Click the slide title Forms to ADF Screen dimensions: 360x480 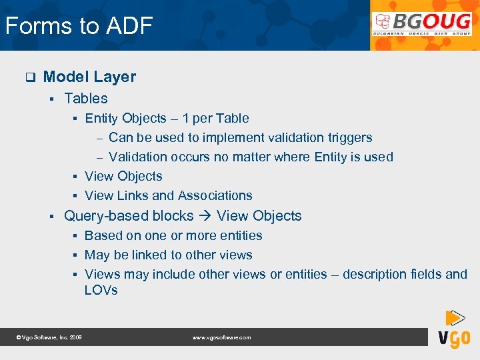[79, 26]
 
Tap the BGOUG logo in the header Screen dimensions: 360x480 [422, 25]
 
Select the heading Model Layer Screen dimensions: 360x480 [89, 77]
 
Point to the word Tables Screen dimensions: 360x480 [85, 98]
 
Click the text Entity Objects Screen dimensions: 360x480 [125, 118]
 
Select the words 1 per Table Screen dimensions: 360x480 [215, 118]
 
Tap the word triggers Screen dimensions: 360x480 [350, 137]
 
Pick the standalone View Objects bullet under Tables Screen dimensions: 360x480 [123, 176]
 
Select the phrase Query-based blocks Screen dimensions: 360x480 [128, 216]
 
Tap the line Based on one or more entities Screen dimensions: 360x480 [173, 235]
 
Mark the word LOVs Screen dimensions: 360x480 [101, 290]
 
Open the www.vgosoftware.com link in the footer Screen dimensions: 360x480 [221, 338]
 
